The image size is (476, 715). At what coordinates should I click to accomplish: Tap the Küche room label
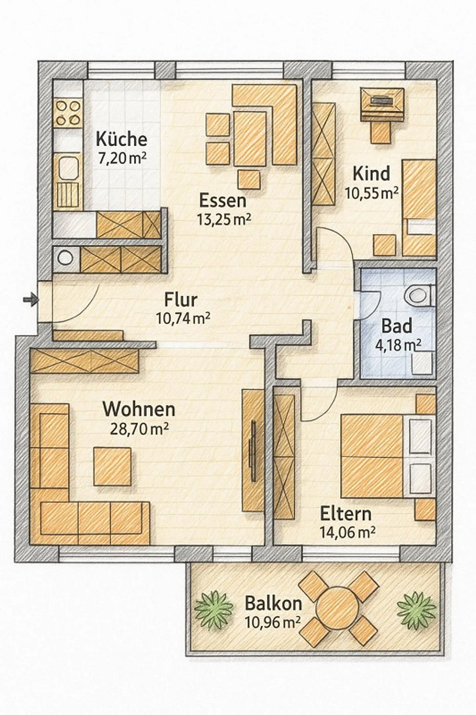121,139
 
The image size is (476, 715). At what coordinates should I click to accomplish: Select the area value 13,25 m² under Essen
223,219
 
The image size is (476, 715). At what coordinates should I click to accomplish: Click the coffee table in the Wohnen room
112,467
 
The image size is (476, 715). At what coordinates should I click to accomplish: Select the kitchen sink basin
68,169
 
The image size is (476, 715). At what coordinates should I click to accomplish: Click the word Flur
181,300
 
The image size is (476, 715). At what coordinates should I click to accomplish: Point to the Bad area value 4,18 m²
398,345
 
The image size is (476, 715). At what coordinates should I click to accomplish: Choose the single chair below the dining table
249,180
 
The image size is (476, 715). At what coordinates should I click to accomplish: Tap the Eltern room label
346,523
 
